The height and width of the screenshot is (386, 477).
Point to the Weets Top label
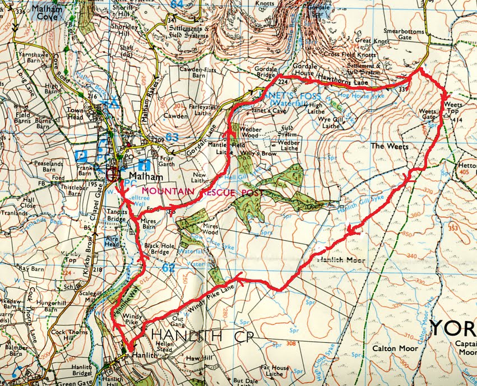coord(454,108)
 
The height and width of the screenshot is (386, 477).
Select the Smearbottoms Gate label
coord(404,35)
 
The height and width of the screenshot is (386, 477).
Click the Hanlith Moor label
coord(341,260)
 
